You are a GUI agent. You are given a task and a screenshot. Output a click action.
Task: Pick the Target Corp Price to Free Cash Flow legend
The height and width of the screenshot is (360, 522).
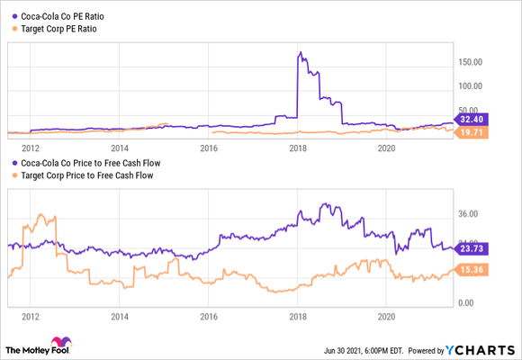click(80, 175)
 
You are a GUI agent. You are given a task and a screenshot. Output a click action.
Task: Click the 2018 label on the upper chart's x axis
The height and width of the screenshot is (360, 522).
click(299, 148)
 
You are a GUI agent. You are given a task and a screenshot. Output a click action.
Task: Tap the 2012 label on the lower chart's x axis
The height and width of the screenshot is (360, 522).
click(31, 317)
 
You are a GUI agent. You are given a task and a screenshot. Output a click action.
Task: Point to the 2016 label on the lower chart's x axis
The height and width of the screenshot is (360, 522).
click(209, 317)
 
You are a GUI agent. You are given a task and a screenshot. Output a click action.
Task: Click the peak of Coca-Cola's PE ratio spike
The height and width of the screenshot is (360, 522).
click(299, 53)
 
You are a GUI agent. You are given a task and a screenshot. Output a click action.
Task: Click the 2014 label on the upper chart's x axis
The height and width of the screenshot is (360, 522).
click(120, 148)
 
